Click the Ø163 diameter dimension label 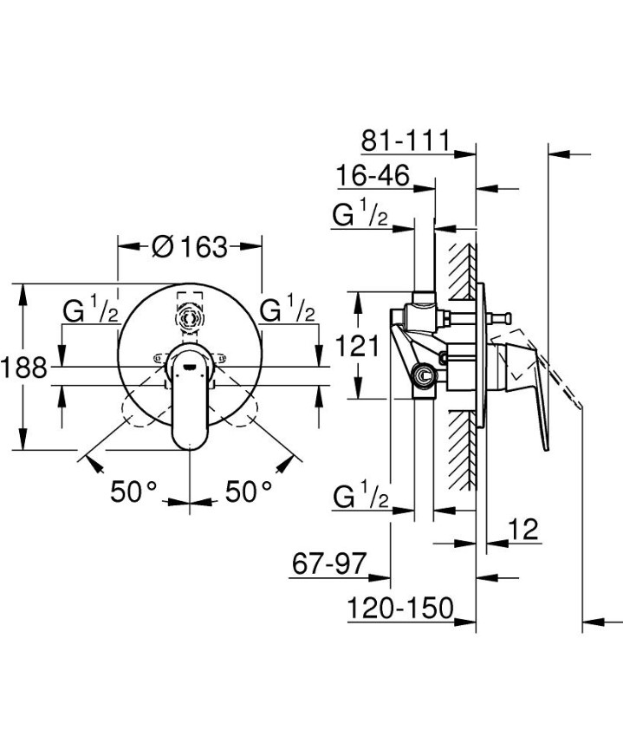[x=189, y=247]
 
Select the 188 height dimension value [x=23, y=367]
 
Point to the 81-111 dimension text [x=406, y=140]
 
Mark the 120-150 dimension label [x=401, y=609]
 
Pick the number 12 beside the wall [x=525, y=529]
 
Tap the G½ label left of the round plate [x=90, y=310]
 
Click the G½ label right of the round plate [x=288, y=310]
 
